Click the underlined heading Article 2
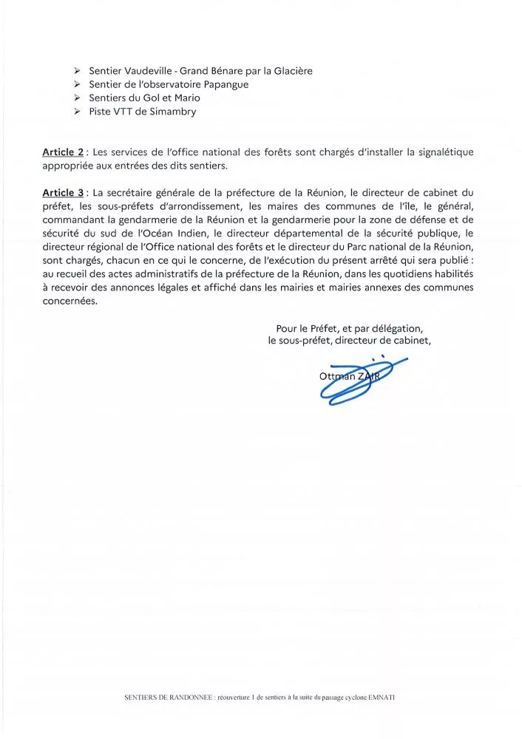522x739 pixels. click(x=62, y=152)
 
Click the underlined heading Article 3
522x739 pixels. click(x=62, y=193)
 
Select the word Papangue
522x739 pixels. click(x=224, y=84)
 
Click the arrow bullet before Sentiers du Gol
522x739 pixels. click(x=77, y=98)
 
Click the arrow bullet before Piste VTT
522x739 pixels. click(x=77, y=112)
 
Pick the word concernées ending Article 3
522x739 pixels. click(x=70, y=302)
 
